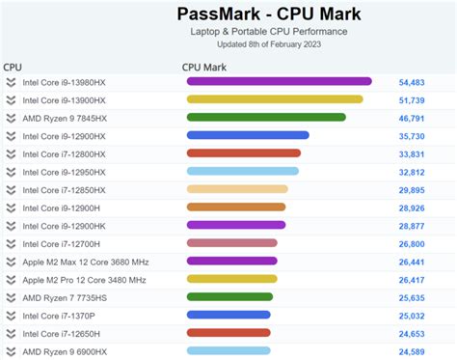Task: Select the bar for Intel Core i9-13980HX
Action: tap(279, 81)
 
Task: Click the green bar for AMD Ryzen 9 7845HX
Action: tap(266, 117)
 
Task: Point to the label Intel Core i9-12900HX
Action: tap(64, 135)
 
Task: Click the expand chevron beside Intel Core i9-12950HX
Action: tap(11, 171)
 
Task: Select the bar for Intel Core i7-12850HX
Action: tap(237, 189)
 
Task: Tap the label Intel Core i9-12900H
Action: tap(61, 207)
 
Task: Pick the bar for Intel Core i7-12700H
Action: tap(232, 243)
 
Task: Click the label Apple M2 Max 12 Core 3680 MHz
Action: tap(84, 261)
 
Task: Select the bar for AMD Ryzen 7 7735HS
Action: tap(230, 296)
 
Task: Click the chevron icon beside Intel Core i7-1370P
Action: tap(11, 315)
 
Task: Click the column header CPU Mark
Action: tap(203, 68)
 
